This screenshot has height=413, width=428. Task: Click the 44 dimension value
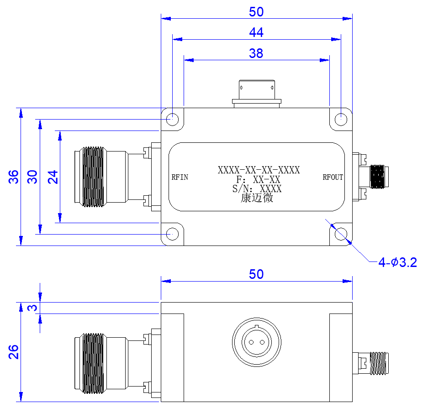(256, 32)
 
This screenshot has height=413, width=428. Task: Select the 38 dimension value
(256, 53)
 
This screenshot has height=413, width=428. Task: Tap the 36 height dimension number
(13, 177)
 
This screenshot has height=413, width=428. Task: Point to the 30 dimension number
(32, 177)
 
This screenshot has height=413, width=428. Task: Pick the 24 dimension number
(53, 177)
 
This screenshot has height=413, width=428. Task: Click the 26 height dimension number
(13, 352)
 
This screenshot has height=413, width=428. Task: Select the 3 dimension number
(32, 308)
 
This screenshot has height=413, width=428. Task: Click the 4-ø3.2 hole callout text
(398, 262)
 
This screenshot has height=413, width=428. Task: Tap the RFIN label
(180, 178)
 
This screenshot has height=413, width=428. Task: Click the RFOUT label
(333, 178)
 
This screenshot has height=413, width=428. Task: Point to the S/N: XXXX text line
(257, 189)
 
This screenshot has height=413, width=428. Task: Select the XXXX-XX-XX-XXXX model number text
(259, 170)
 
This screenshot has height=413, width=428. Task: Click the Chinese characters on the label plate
(257, 198)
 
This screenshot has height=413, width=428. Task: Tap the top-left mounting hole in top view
(172, 119)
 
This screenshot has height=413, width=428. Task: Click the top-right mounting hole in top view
(341, 119)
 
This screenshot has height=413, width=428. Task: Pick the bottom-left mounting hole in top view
(172, 234)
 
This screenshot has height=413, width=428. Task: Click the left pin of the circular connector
(251, 342)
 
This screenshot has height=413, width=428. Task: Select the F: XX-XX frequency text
(258, 179)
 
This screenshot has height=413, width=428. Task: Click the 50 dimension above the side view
(256, 274)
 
